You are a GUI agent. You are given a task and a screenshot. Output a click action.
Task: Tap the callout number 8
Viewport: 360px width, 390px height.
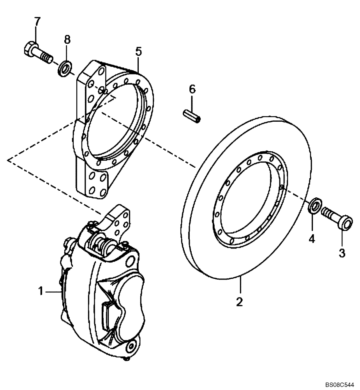(x=67, y=39)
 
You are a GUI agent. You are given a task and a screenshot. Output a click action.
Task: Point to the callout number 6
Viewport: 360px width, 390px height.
(x=192, y=89)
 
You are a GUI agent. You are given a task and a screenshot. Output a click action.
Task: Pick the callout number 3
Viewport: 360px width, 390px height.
(x=341, y=253)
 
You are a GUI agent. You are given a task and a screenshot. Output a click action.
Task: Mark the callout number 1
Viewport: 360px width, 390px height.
(x=40, y=291)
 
